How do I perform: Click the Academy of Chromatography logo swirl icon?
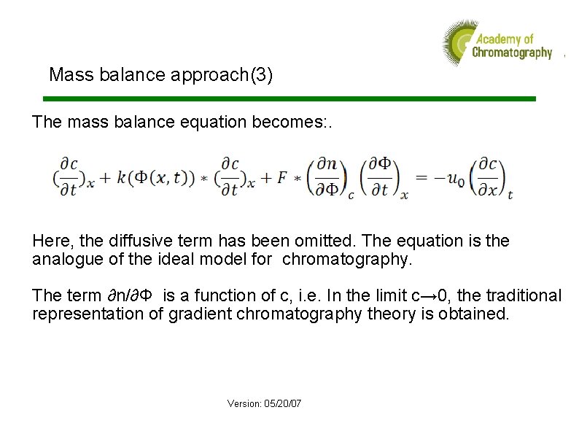[456, 42]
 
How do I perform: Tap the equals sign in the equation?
[421, 177]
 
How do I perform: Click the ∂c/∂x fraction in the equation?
[489, 177]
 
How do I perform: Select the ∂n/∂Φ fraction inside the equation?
[327, 177]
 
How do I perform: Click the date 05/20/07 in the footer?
[284, 403]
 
